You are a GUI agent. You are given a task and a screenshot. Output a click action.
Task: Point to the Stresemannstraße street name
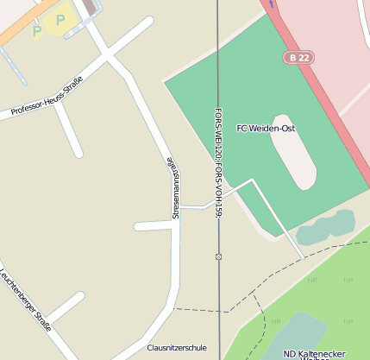[173, 186]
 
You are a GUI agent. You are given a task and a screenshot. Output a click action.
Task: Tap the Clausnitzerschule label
[177, 348]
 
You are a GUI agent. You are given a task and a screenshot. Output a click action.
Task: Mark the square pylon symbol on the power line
[219, 256]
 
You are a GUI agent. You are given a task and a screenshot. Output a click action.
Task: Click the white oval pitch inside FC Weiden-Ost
[293, 150]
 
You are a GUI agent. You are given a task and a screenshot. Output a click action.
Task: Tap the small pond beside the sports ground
[325, 228]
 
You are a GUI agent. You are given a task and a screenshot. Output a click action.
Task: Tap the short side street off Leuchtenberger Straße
[65, 307]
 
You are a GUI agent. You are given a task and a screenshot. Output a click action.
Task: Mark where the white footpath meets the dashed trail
[304, 257]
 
